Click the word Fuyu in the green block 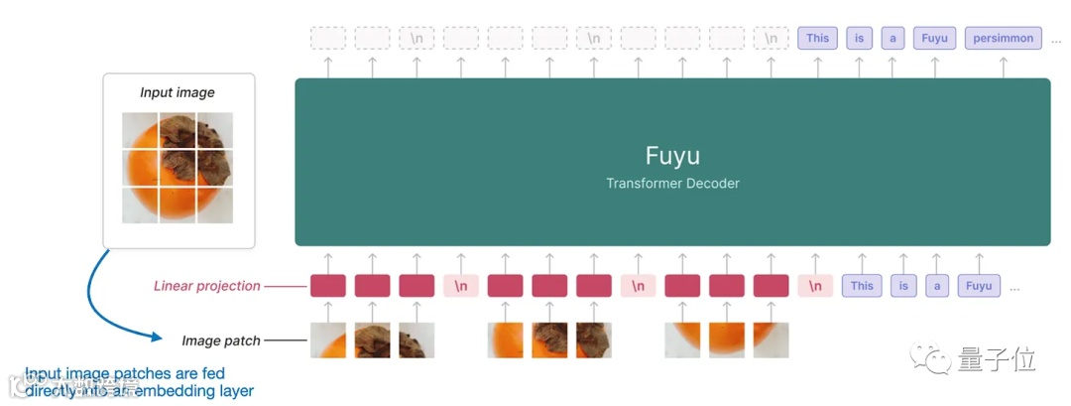[x=672, y=156]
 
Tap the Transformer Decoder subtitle [x=672, y=184]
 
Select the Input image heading [x=178, y=92]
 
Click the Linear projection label [x=207, y=286]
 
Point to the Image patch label [x=221, y=341]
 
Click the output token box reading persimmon [x=1003, y=39]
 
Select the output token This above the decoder [x=817, y=39]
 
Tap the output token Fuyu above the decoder [x=934, y=39]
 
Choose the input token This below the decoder [x=862, y=286]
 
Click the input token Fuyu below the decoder [x=979, y=286]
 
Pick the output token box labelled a [x=892, y=39]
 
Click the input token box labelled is [x=903, y=286]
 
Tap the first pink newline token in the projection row [x=461, y=286]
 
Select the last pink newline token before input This [x=815, y=286]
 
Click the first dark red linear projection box [x=328, y=286]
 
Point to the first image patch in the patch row [x=328, y=340]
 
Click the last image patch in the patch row [x=771, y=340]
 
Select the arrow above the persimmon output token [x=1003, y=66]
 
